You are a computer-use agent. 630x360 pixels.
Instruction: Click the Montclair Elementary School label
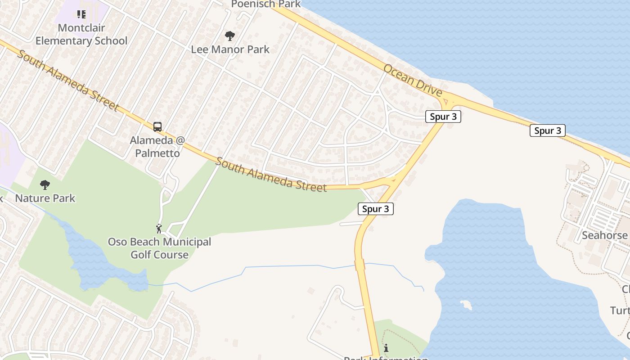(x=81, y=34)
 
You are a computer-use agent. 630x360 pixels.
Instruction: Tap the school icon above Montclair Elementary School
(x=81, y=14)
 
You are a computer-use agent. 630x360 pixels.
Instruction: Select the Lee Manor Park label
(x=230, y=49)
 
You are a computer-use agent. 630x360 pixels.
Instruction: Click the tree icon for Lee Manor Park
(x=230, y=36)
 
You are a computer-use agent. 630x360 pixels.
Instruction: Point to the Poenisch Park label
(x=265, y=4)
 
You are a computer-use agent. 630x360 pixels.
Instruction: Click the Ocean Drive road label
(x=413, y=80)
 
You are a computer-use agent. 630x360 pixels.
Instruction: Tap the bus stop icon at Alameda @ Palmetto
(x=157, y=127)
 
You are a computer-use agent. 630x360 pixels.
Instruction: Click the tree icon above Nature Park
(x=45, y=184)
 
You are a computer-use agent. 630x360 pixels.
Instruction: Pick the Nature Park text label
(x=45, y=198)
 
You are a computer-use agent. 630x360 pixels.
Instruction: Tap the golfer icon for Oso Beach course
(x=159, y=229)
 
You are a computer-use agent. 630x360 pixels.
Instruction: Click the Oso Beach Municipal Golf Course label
(x=159, y=248)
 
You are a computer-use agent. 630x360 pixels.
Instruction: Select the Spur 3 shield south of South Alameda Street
(x=375, y=209)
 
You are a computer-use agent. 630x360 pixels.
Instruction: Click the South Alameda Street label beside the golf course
(x=271, y=175)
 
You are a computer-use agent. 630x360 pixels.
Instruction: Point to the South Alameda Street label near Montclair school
(x=67, y=80)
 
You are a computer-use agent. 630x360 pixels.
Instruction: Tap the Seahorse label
(x=604, y=235)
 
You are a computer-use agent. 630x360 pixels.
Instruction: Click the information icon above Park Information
(x=386, y=348)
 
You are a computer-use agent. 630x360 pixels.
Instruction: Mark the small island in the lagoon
(x=466, y=305)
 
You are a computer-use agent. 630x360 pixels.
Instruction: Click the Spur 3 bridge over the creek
(x=360, y=265)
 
